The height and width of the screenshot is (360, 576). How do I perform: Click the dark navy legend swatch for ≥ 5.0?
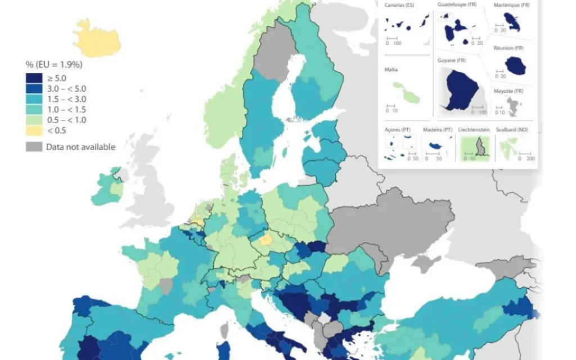(33, 78)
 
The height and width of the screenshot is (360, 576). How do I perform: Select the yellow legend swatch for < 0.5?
(33, 130)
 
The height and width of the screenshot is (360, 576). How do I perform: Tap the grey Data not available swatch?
(33, 147)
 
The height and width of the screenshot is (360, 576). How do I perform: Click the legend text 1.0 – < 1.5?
(66, 110)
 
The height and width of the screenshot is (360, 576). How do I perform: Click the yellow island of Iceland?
(97, 38)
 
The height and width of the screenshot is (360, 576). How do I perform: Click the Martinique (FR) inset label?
(512, 5)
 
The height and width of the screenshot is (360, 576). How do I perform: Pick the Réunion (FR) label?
(508, 49)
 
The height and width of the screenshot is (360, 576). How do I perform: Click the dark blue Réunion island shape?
(515, 65)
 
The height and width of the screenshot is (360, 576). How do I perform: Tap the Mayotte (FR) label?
(508, 91)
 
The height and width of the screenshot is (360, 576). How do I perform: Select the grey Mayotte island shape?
(512, 106)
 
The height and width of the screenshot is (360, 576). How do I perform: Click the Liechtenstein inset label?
(474, 129)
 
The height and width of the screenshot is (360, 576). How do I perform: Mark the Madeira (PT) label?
(438, 129)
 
